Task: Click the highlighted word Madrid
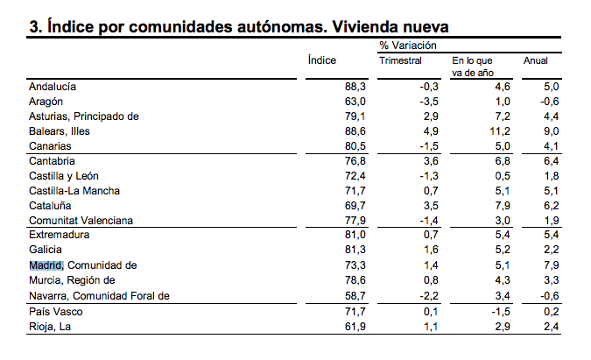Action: pyautogui.click(x=46, y=265)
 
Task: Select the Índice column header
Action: pyautogui.click(x=322, y=60)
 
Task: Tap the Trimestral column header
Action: pyautogui.click(x=400, y=60)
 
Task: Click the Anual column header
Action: pyautogui.click(x=535, y=60)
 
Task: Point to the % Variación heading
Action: pyautogui.click(x=408, y=46)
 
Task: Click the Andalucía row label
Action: pyautogui.click(x=53, y=87)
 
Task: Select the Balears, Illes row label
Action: pyautogui.click(x=60, y=131)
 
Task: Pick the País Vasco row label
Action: pyautogui.click(x=56, y=312)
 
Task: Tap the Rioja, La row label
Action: pyautogui.click(x=50, y=327)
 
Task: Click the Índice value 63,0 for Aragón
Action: pyautogui.click(x=355, y=102)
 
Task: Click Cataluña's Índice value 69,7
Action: pyautogui.click(x=355, y=206)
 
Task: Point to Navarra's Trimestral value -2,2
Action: pyautogui.click(x=429, y=296)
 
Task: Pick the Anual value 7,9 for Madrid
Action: pyautogui.click(x=551, y=265)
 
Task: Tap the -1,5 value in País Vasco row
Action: pyautogui.click(x=501, y=312)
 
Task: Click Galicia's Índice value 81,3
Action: pyautogui.click(x=355, y=250)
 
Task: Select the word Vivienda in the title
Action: pyautogui.click(x=362, y=27)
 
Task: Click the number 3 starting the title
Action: pyautogui.click(x=34, y=27)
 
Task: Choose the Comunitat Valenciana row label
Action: pyautogui.click(x=81, y=221)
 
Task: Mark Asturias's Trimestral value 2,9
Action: pyautogui.click(x=431, y=116)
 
